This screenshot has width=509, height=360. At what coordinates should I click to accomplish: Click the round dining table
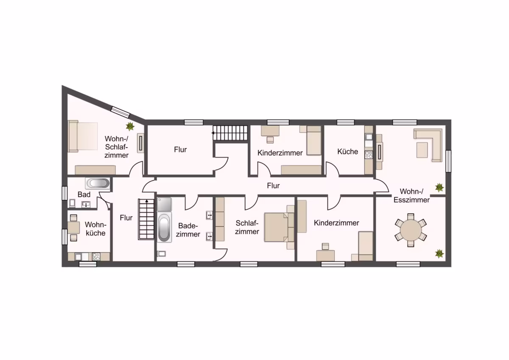(x=411, y=230)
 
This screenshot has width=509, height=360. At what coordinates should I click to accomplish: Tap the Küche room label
(x=347, y=152)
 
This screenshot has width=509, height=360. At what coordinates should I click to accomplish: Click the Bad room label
(x=84, y=194)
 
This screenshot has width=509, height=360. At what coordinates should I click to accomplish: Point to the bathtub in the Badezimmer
(x=164, y=228)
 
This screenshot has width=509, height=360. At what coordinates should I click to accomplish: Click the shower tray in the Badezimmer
(x=164, y=205)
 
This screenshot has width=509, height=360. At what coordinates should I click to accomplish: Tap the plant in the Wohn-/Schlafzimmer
(x=130, y=126)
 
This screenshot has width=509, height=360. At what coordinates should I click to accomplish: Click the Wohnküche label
(x=95, y=229)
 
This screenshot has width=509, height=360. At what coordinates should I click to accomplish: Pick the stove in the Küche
(x=369, y=155)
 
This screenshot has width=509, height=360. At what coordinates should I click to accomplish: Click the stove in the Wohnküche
(x=96, y=257)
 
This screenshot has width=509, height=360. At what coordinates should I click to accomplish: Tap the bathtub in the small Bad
(x=98, y=183)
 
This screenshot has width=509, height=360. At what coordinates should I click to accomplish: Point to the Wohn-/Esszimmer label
(x=411, y=196)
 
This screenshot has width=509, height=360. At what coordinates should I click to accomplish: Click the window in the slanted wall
(x=120, y=112)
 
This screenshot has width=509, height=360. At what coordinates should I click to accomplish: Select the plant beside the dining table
(x=439, y=254)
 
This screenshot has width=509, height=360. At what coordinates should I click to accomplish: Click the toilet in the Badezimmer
(x=161, y=253)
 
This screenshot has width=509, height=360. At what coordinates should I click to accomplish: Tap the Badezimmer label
(x=188, y=230)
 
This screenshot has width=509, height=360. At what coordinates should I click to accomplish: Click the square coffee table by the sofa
(x=422, y=150)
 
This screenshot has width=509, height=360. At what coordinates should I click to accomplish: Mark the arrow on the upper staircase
(x=214, y=133)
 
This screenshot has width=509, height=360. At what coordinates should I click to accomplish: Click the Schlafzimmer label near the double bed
(x=247, y=227)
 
